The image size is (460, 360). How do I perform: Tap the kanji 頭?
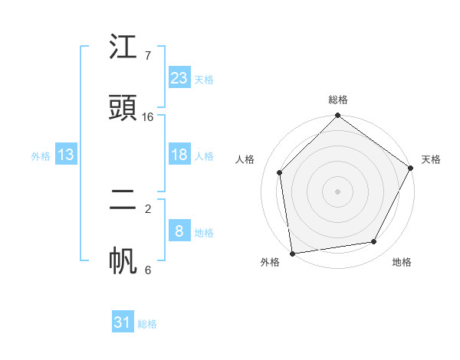123,110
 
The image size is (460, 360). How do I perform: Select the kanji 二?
123,201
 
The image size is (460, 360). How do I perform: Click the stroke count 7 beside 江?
147,56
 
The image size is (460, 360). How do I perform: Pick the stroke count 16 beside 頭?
148,117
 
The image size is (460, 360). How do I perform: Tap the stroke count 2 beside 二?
147,208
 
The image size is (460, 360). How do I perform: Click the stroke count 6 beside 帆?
147,270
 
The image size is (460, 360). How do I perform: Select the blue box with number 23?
179,78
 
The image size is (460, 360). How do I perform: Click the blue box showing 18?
179,155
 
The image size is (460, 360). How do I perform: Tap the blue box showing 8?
179,231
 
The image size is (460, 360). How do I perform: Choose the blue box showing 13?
66,155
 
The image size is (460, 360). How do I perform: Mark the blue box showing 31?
123,322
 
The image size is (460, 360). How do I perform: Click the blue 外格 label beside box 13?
41,156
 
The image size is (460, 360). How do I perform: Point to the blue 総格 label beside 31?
147,324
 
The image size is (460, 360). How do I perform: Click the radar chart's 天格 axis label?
431,159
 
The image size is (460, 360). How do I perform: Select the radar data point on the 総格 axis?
337,116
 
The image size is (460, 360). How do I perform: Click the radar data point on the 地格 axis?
374,241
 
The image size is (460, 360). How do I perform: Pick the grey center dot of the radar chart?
337,191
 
